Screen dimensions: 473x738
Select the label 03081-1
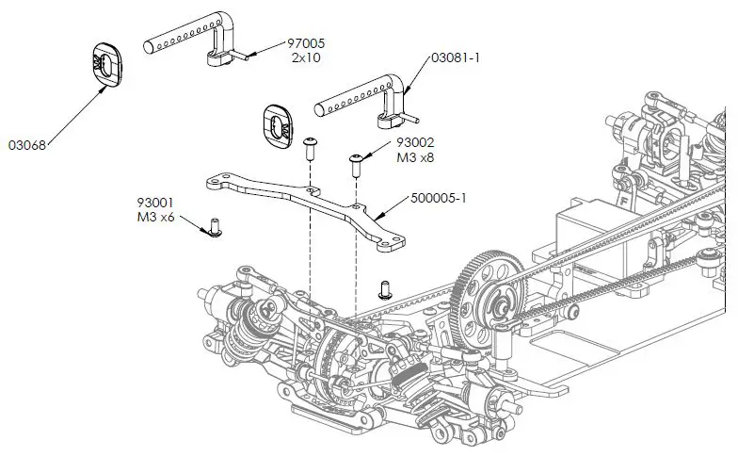click(x=455, y=58)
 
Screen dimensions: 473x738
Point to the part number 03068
click(x=28, y=145)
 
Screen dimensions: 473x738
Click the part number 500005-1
click(x=441, y=200)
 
